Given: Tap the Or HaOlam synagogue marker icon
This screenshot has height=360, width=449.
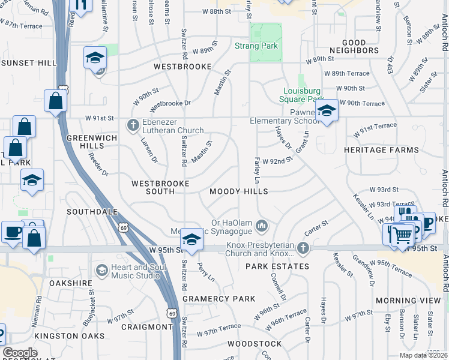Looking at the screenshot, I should pyautogui.click(x=261, y=226).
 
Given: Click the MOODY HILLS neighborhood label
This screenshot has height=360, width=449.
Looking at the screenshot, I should pyautogui.click(x=238, y=191).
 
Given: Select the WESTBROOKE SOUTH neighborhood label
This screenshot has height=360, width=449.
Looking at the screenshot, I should pyautogui.click(x=160, y=187).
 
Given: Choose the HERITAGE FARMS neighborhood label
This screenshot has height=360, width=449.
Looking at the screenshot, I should pyautogui.click(x=381, y=149).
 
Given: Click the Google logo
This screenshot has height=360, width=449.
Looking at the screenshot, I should pyautogui.click(x=20, y=353).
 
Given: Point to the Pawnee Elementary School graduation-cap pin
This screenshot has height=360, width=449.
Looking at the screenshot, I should pyautogui.click(x=326, y=111).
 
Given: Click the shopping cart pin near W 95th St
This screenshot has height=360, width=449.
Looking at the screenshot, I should pyautogui.click(x=404, y=235).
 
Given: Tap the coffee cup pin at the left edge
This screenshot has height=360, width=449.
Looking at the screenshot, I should pyautogui.click(x=12, y=232).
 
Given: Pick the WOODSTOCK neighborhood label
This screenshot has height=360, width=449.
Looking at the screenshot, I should pyautogui.click(x=255, y=344).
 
